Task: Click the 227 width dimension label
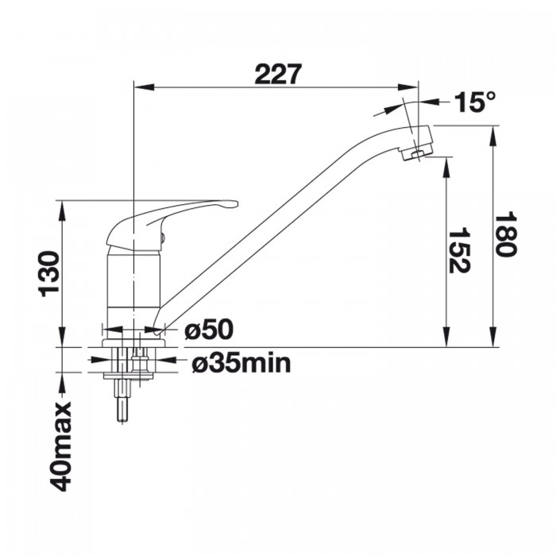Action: [x=278, y=74]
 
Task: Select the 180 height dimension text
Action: [x=506, y=234]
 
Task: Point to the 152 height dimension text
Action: [x=460, y=251]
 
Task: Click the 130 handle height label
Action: [x=49, y=274]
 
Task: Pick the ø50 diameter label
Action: [x=209, y=329]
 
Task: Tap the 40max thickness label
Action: [x=60, y=446]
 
